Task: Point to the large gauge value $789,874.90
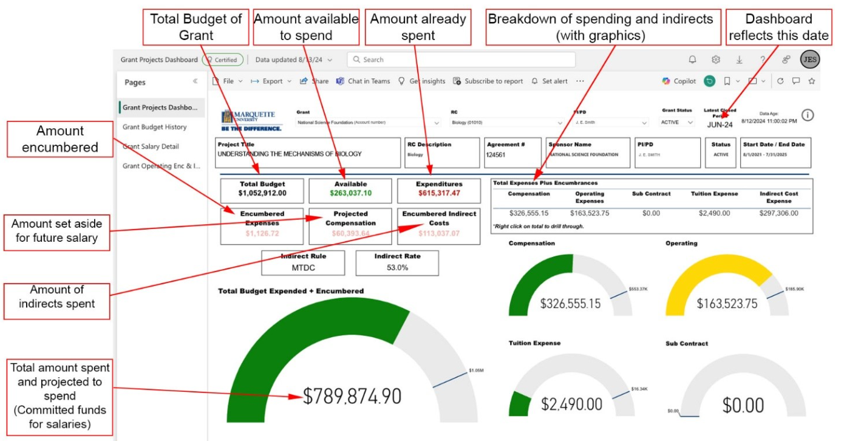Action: tap(352, 396)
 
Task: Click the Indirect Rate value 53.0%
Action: tap(397, 267)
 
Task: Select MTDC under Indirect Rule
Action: tap(302, 267)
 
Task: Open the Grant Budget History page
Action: tap(155, 127)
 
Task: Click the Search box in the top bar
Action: tap(461, 60)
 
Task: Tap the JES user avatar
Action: tap(809, 60)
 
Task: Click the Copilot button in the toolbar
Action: tap(679, 81)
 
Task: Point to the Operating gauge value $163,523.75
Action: tap(727, 304)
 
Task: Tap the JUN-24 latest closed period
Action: tap(720, 125)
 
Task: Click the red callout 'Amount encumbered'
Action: tap(60, 139)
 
